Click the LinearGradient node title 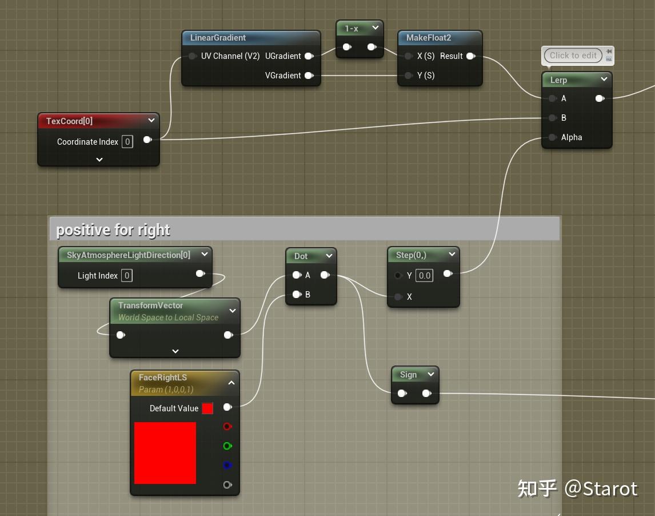pyautogui.click(x=218, y=38)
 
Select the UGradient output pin pyautogui.click(x=309, y=56)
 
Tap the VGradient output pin pyautogui.click(x=309, y=76)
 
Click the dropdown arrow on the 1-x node pyautogui.click(x=376, y=28)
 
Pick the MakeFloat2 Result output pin pyautogui.click(x=470, y=56)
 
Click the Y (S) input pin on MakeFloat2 pyautogui.click(x=408, y=76)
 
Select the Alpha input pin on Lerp pyautogui.click(x=552, y=137)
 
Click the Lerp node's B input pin pyautogui.click(x=552, y=118)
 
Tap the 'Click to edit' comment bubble pyautogui.click(x=573, y=55)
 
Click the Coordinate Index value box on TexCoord pyautogui.click(x=127, y=142)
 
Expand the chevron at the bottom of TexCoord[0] pyautogui.click(x=99, y=160)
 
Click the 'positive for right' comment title pyautogui.click(x=113, y=230)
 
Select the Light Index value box pyautogui.click(x=127, y=276)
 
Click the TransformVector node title pyautogui.click(x=151, y=305)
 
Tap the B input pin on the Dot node pyautogui.click(x=297, y=295)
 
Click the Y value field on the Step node pyautogui.click(x=424, y=276)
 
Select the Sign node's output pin pyautogui.click(x=426, y=394)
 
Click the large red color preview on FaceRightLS pyautogui.click(x=165, y=453)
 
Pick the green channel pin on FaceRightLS pyautogui.click(x=227, y=446)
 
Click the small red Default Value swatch pyautogui.click(x=207, y=408)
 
